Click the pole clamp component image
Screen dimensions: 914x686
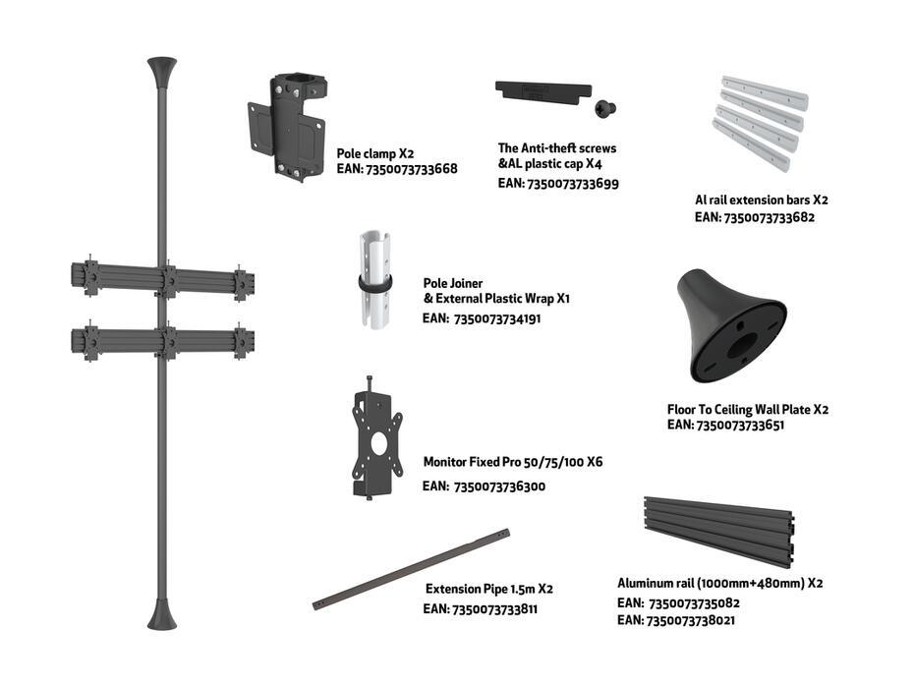(287, 127)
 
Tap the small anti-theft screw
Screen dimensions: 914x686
(605, 108)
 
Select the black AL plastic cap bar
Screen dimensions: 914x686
(543, 92)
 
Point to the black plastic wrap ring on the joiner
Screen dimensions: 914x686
(374, 284)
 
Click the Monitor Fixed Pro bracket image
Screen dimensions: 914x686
(376, 438)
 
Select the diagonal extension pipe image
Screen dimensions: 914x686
(411, 569)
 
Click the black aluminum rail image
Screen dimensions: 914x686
(719, 532)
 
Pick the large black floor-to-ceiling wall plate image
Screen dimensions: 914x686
(731, 325)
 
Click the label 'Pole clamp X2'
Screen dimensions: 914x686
(375, 154)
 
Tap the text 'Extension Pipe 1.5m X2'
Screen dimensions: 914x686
(489, 589)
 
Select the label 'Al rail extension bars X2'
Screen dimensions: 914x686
(762, 200)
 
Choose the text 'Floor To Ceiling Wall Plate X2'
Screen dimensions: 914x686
(748, 409)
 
